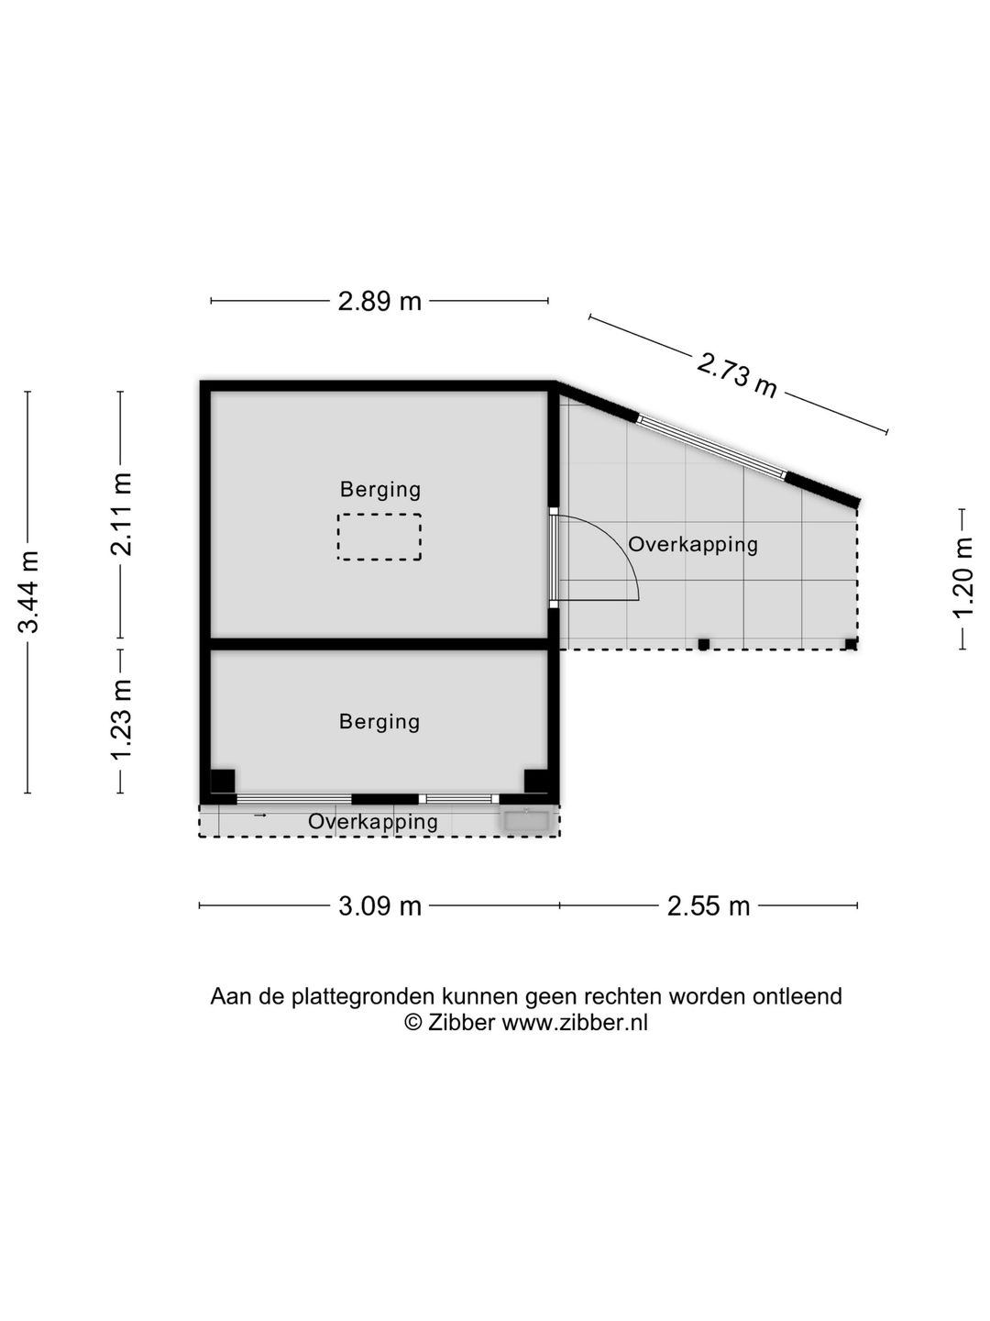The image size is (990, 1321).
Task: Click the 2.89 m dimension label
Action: click(379, 301)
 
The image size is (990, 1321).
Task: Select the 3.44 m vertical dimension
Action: click(28, 592)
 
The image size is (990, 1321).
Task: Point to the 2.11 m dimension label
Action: click(121, 515)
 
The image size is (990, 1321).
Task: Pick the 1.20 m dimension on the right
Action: click(962, 578)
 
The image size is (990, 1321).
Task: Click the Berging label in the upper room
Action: click(379, 489)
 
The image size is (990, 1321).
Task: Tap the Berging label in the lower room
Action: click(379, 722)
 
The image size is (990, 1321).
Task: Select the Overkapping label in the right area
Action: click(693, 545)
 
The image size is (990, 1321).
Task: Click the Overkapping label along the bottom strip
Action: click(373, 821)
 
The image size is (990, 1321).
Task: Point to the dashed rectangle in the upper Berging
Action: click(379, 514)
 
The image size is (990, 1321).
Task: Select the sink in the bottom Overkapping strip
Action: click(526, 821)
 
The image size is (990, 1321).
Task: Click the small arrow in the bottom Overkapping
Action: click(259, 816)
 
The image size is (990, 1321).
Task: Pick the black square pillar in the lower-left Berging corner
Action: click(223, 782)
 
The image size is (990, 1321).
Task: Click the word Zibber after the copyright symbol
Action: click(460, 1023)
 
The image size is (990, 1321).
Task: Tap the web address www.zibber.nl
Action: click(575, 1023)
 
